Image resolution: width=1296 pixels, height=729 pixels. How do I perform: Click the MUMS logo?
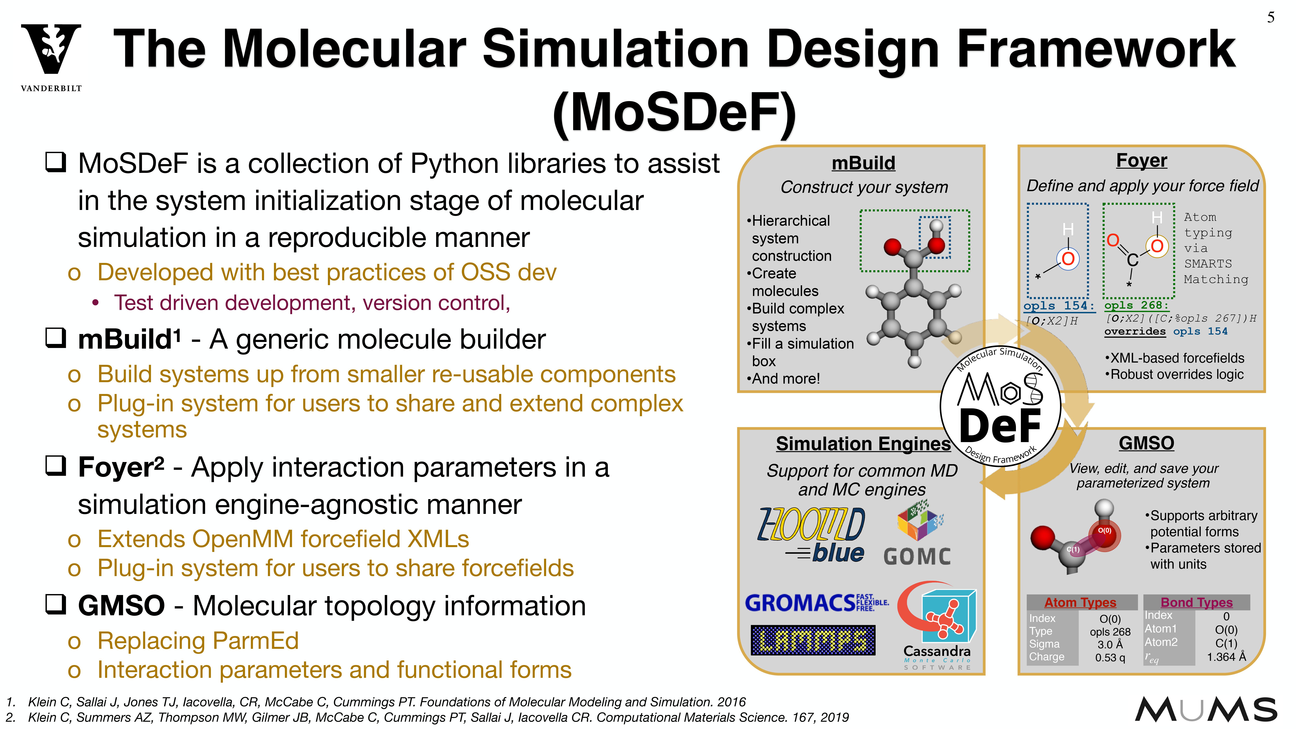pyautogui.click(x=1205, y=710)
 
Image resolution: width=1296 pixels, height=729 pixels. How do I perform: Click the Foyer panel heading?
pyautogui.click(x=1141, y=161)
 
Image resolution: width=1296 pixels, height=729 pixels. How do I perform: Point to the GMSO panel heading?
pyautogui.click(x=1146, y=443)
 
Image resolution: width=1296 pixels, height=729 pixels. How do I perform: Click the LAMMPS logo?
pyautogui.click(x=813, y=640)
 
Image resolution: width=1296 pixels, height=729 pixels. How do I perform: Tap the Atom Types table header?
pyautogui.click(x=1080, y=602)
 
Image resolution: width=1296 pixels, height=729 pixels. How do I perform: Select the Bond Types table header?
pyautogui.click(x=1196, y=602)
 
